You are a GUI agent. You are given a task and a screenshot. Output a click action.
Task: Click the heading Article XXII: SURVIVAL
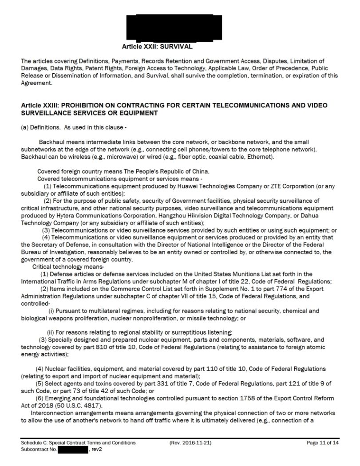[157, 46]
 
